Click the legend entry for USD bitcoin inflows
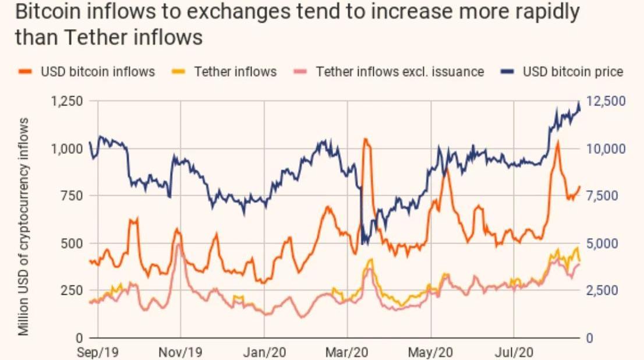pos(97,72)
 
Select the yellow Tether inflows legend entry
pos(235,72)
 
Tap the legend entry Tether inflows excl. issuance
pos(400,72)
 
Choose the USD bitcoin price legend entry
pos(573,72)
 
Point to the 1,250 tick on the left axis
pos(66,101)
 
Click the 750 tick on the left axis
pos(72,196)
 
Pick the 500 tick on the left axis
pos(72,243)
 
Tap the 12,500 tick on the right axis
pos(606,101)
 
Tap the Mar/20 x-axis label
pos(348,352)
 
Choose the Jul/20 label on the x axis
pos(514,352)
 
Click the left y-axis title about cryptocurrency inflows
pos(23,227)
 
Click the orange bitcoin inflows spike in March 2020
pos(366,140)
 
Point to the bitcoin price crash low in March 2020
pos(364,241)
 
